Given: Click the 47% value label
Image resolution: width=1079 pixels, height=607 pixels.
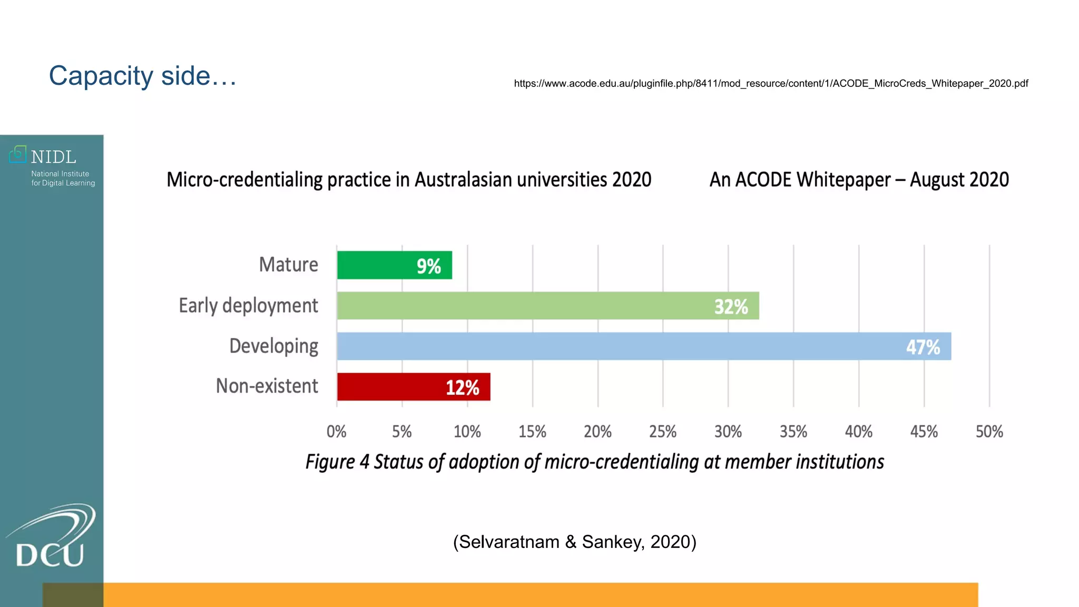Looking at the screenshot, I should click(x=923, y=347).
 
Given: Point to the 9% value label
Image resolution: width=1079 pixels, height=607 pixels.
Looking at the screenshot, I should click(x=428, y=267).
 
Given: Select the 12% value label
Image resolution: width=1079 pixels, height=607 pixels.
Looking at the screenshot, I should click(x=462, y=388).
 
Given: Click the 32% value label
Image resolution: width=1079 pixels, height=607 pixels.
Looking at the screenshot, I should click(x=731, y=307).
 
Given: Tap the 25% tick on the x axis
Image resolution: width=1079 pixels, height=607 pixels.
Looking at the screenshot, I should click(x=662, y=432).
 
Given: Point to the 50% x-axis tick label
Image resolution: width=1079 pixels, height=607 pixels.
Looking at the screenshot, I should click(x=989, y=432).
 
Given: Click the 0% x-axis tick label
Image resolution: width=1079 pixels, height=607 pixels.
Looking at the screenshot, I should click(x=336, y=432).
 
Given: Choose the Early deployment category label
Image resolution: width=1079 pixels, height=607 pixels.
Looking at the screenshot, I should click(x=248, y=306).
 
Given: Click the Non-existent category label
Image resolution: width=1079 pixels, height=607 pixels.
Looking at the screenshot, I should click(x=267, y=386).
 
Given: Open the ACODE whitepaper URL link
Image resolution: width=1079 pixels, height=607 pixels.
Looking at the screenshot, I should click(x=771, y=84).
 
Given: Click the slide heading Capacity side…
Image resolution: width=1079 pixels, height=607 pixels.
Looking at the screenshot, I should click(x=143, y=76).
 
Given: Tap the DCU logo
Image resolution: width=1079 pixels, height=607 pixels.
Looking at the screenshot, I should click(x=51, y=537).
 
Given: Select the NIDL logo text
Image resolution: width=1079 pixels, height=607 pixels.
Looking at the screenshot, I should click(x=53, y=157).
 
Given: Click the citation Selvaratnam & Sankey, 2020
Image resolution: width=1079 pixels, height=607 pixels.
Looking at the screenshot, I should click(x=574, y=542).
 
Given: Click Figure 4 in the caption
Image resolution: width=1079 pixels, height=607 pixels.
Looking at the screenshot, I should click(x=337, y=462).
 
